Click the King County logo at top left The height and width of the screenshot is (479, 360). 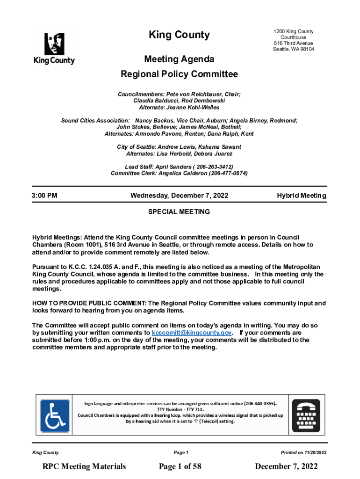pos(54,49)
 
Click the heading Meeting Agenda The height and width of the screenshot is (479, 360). pos(180,59)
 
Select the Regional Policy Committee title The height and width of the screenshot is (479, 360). pos(180,74)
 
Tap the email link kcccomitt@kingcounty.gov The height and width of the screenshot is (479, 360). pos(192,333)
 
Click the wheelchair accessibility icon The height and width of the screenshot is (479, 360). pos(55,415)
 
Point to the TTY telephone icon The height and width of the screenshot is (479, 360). pos(306,415)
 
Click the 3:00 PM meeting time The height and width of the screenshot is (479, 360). pos(45,196)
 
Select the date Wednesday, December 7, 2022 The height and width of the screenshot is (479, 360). pos(180,196)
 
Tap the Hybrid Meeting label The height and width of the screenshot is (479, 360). pos(302,196)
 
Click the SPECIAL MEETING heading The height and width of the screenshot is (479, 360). pos(179,212)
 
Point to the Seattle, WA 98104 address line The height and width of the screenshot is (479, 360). pos(294,49)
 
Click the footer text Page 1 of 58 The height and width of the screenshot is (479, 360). pos(180,466)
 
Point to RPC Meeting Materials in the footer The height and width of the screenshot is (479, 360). pos(84,466)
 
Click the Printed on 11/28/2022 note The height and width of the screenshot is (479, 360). pos(303,453)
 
